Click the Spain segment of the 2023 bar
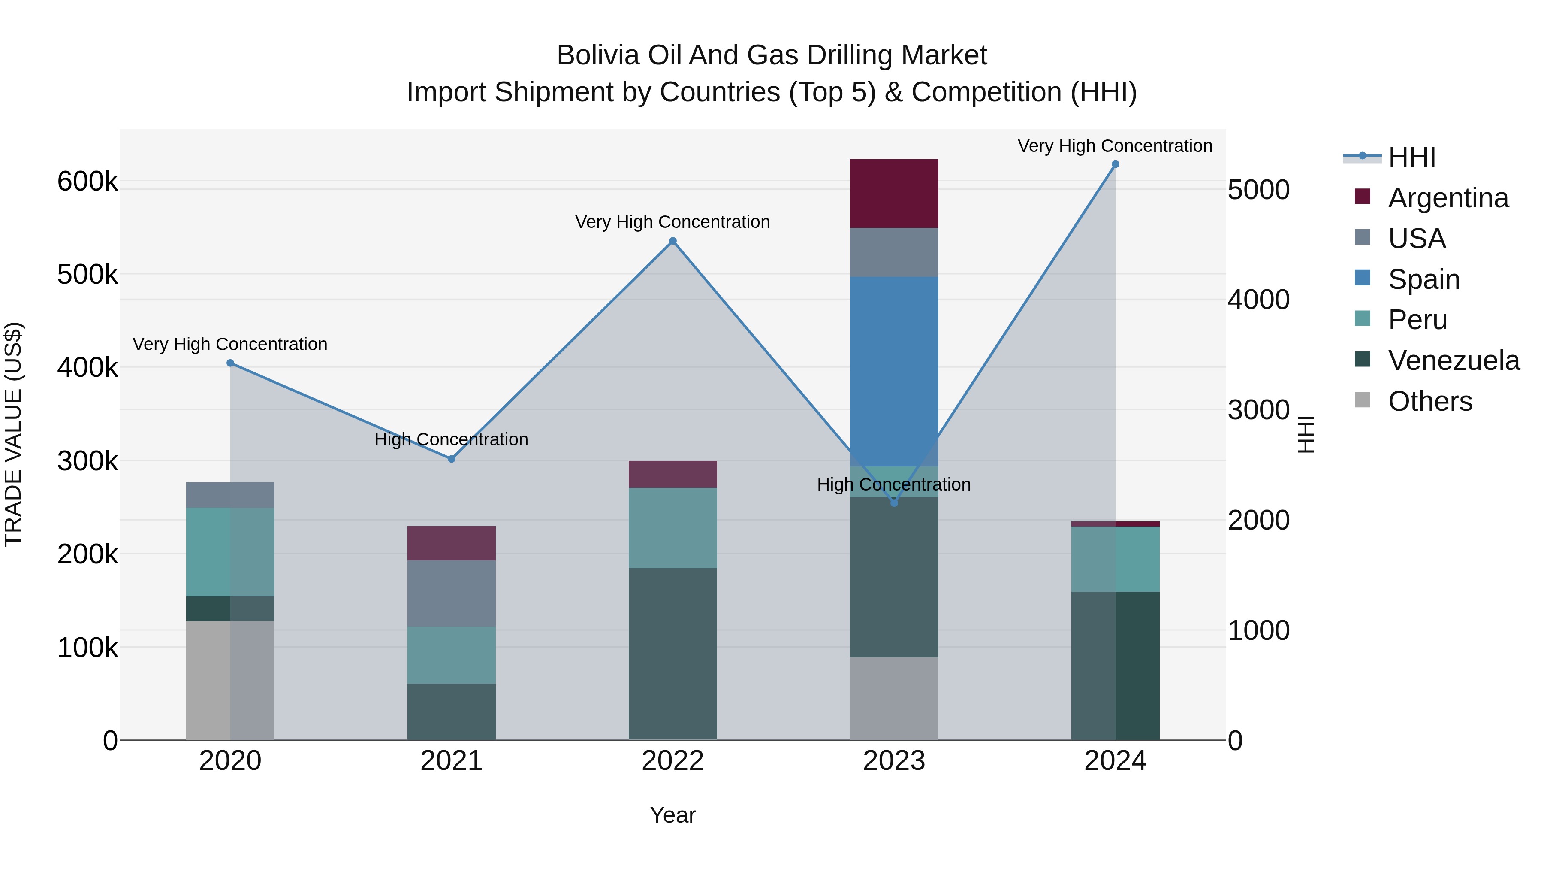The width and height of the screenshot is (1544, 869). (894, 371)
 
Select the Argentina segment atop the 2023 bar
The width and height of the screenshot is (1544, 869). (894, 193)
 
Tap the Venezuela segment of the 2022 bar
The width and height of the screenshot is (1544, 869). (672, 654)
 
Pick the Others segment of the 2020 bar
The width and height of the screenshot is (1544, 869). (230, 680)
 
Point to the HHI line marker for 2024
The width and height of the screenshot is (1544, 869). (1115, 164)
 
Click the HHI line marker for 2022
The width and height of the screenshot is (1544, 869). (672, 241)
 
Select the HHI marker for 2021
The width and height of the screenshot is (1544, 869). (451, 459)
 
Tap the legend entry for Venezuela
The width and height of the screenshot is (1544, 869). (1453, 360)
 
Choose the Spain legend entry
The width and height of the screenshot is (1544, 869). (1423, 279)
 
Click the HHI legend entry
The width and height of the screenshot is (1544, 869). (1411, 157)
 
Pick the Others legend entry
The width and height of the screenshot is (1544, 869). (1429, 401)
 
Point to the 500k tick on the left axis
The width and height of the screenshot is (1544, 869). (87, 275)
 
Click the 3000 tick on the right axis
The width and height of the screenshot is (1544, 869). (1258, 410)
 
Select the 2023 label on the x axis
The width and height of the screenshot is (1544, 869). (894, 761)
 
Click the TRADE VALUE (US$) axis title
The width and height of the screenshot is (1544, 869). (13, 434)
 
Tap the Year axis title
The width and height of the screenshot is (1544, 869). (672, 815)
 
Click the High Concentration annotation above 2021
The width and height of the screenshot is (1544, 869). (451, 439)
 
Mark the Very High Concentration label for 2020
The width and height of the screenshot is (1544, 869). (230, 344)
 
